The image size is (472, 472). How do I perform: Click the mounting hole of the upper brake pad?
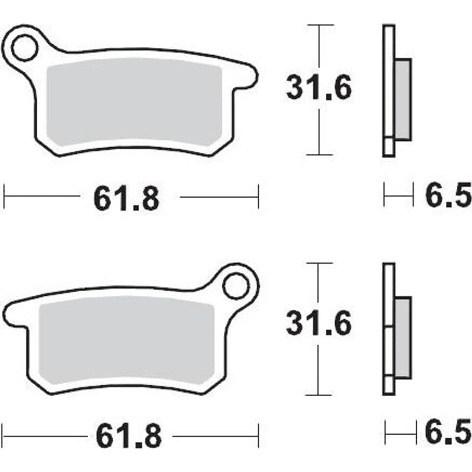click(x=25, y=48)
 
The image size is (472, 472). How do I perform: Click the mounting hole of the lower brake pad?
click(x=236, y=286)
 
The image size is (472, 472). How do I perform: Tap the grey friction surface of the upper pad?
click(x=134, y=102)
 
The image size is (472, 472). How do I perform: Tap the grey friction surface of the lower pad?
click(x=126, y=340)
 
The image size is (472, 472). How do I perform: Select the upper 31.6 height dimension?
click(x=319, y=87)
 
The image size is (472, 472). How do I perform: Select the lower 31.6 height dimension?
click(x=319, y=323)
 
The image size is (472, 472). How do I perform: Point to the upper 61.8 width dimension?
click(x=126, y=199)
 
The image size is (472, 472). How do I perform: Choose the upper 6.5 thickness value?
click(x=448, y=194)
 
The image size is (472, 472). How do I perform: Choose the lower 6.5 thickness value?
click(x=448, y=432)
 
